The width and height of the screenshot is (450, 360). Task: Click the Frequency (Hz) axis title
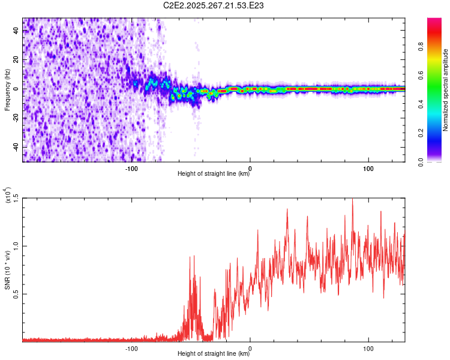(7, 90)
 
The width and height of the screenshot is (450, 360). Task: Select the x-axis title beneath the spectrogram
(214, 175)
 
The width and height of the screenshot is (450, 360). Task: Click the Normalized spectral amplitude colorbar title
(446, 90)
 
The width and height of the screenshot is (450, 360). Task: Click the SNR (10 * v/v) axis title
(8, 269)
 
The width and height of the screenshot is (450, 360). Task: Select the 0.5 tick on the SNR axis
(16, 293)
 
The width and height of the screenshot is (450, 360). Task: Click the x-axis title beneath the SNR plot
(214, 355)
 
